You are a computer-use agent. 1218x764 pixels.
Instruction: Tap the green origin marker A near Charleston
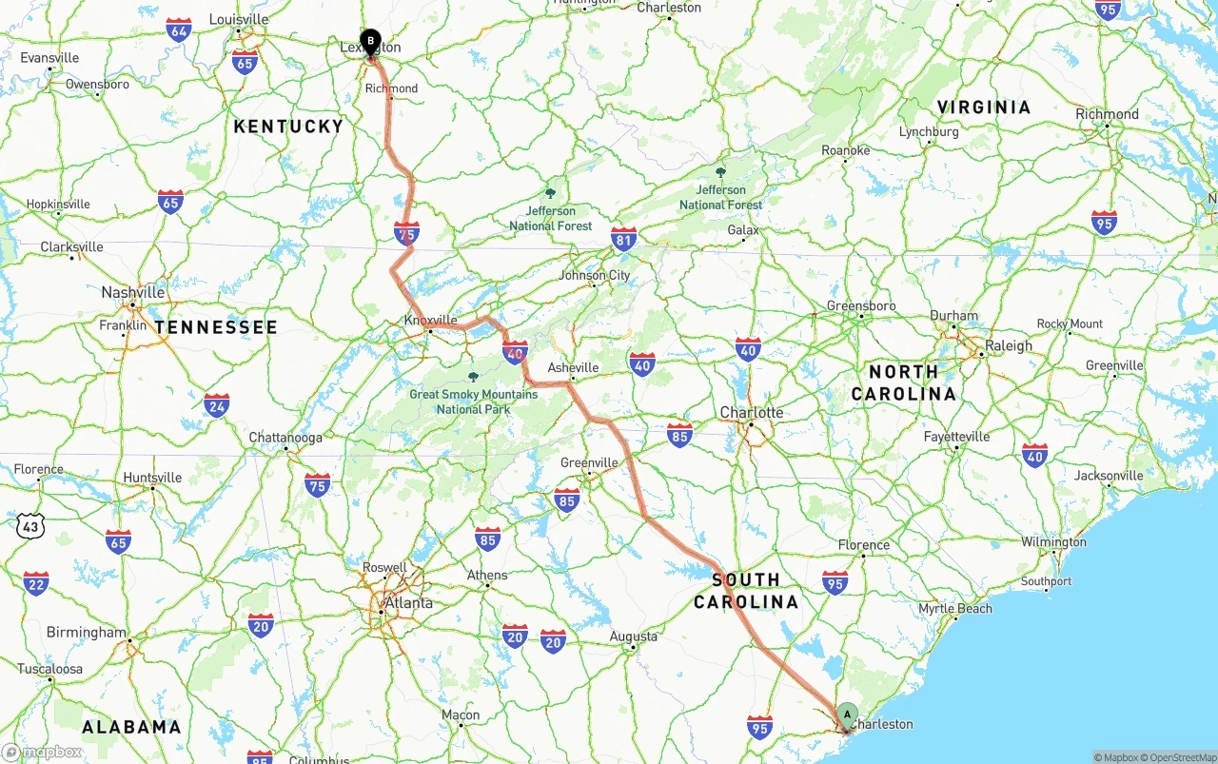[x=847, y=715]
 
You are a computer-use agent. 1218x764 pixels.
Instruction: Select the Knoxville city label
[x=430, y=321]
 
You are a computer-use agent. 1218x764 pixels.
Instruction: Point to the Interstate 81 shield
[x=624, y=239]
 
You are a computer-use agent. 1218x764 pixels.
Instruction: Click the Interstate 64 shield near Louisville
[x=178, y=29]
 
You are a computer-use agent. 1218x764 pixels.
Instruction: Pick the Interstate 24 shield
[x=216, y=404]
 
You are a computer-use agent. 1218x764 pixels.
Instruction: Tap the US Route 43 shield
[x=30, y=524]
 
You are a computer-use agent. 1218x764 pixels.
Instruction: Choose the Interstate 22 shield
[x=35, y=582]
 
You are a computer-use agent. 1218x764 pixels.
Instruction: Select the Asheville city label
[x=573, y=368]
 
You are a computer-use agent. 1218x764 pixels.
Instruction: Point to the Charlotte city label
[x=752, y=413]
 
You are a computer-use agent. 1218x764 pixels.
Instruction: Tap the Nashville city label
[x=133, y=293]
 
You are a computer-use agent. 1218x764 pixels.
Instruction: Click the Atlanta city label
[x=408, y=603]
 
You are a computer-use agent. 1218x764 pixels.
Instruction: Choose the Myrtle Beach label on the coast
[x=954, y=609]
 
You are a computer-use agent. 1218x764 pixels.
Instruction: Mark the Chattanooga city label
[x=285, y=439]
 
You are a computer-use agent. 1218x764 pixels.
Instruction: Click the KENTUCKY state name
[x=288, y=127]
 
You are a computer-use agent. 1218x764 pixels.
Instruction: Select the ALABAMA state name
[x=131, y=728]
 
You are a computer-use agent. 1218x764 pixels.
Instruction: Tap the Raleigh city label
[x=1009, y=346]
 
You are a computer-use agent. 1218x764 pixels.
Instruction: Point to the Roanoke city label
[x=845, y=151]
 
